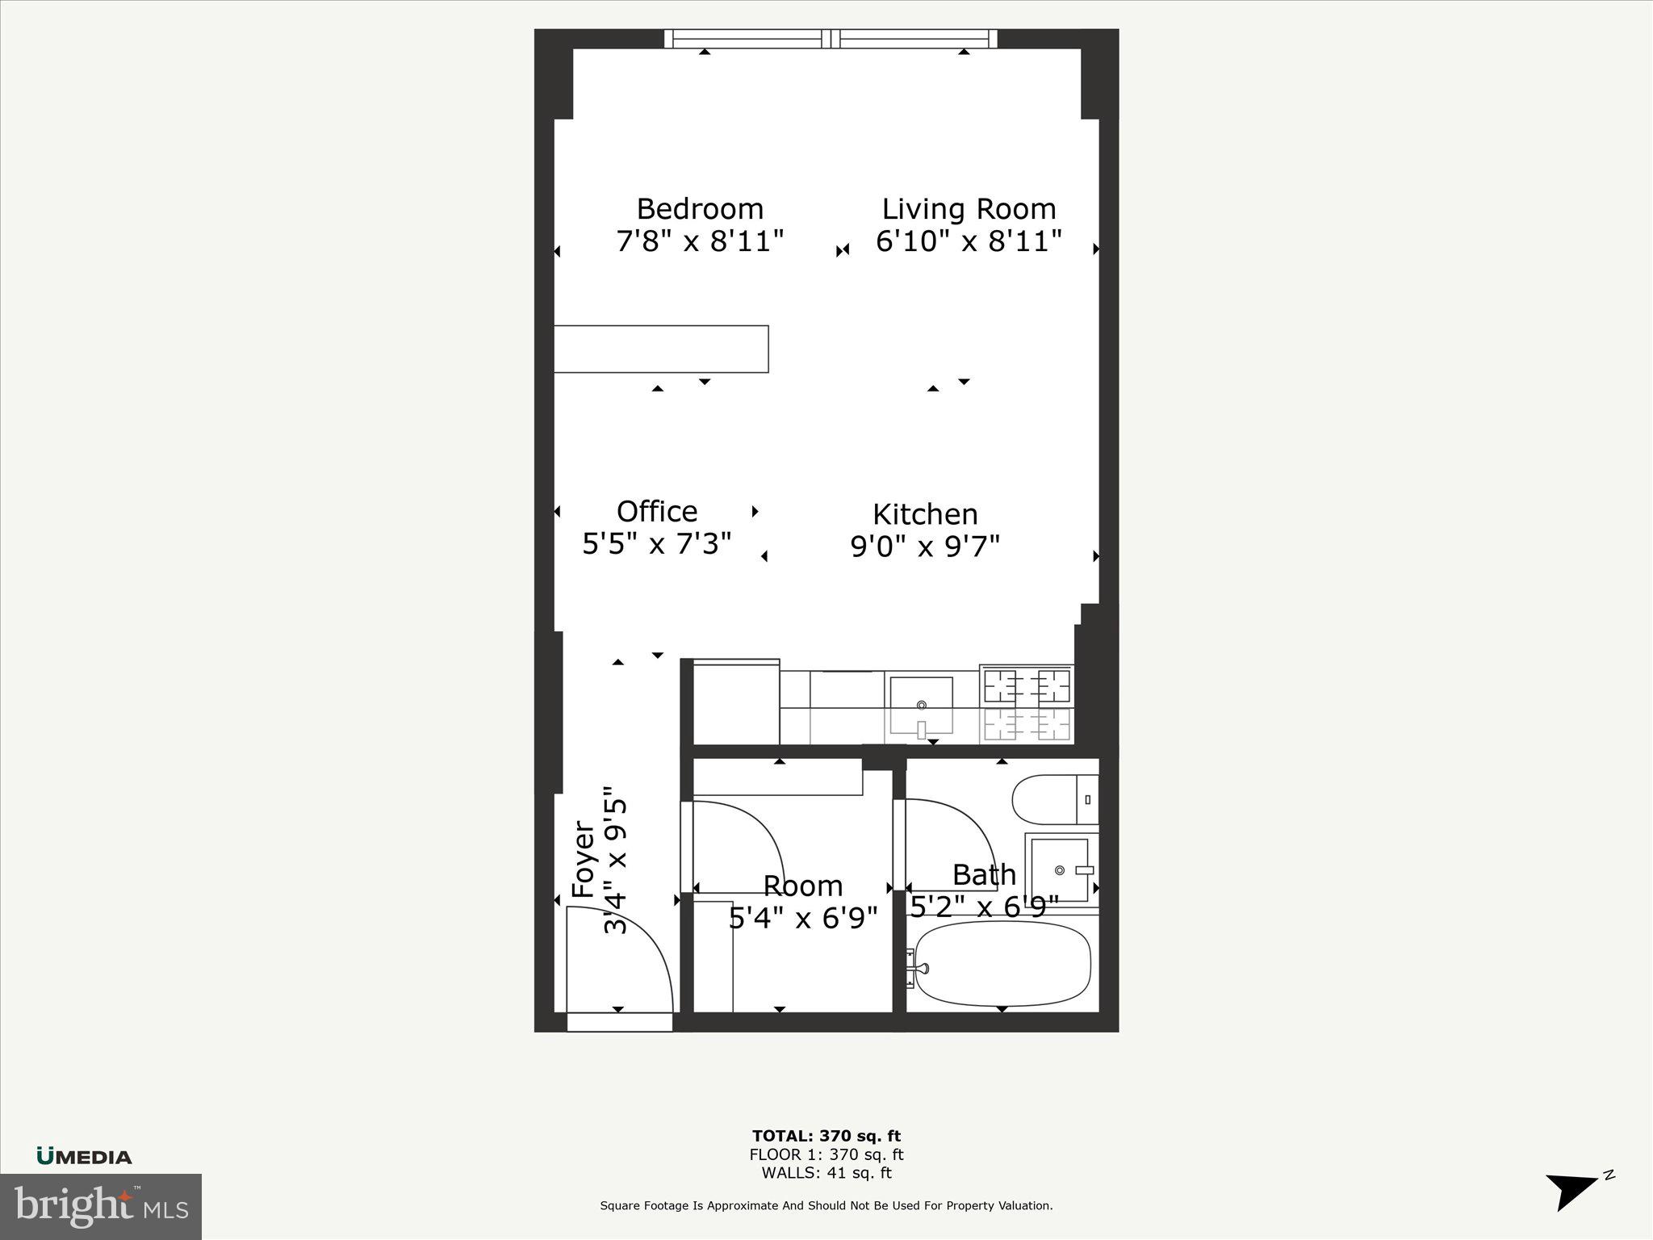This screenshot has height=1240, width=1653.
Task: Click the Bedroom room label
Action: coord(700,209)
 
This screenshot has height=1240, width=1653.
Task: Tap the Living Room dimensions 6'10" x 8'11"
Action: coord(968,241)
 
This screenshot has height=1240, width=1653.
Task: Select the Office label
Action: coord(657,512)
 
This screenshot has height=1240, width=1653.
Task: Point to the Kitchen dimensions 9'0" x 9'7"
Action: coord(925,547)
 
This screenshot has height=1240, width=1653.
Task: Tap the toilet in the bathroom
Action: coord(1053,799)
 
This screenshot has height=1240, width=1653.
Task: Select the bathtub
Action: coord(1002,964)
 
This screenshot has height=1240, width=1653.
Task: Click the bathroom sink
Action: coord(1060,869)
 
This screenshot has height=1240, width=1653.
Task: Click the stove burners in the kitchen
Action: coord(1027,703)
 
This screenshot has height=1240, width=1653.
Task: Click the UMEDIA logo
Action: coord(84,1157)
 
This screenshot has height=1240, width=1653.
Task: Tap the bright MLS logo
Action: coord(100,1206)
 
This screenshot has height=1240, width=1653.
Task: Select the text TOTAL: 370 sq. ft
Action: coord(826,1137)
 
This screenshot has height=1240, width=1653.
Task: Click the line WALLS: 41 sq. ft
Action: coord(826,1173)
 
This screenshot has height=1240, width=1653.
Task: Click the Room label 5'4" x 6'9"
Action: coord(802,902)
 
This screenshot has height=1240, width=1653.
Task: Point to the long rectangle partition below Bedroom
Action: coord(661,349)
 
